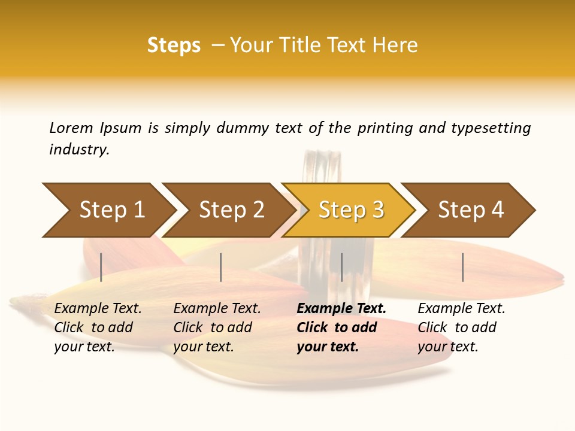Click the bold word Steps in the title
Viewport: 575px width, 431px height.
[174, 45]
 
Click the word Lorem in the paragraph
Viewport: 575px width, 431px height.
[71, 128]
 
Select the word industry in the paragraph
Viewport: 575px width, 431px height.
[79, 150]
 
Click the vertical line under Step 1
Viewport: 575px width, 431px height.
[101, 267]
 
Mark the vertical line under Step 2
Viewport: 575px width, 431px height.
[221, 267]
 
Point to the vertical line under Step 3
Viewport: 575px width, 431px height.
[341, 267]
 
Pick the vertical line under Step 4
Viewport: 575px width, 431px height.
[462, 267]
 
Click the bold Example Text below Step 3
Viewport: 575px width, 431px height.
[341, 308]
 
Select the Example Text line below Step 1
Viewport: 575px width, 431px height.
[98, 308]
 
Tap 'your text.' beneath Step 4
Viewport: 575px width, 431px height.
[447, 347]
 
